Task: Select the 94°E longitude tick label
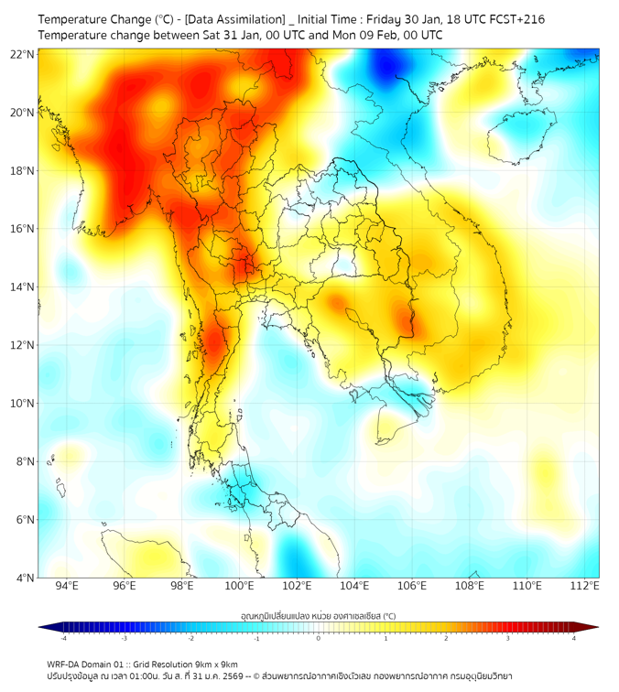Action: tap(67, 587)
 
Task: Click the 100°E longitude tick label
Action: tap(240, 587)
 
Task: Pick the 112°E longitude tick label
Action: tap(585, 587)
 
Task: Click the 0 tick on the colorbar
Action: tap(319, 637)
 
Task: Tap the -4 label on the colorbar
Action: tap(62, 637)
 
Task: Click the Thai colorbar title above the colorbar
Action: tap(318, 615)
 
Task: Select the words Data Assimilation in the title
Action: tap(234, 18)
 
